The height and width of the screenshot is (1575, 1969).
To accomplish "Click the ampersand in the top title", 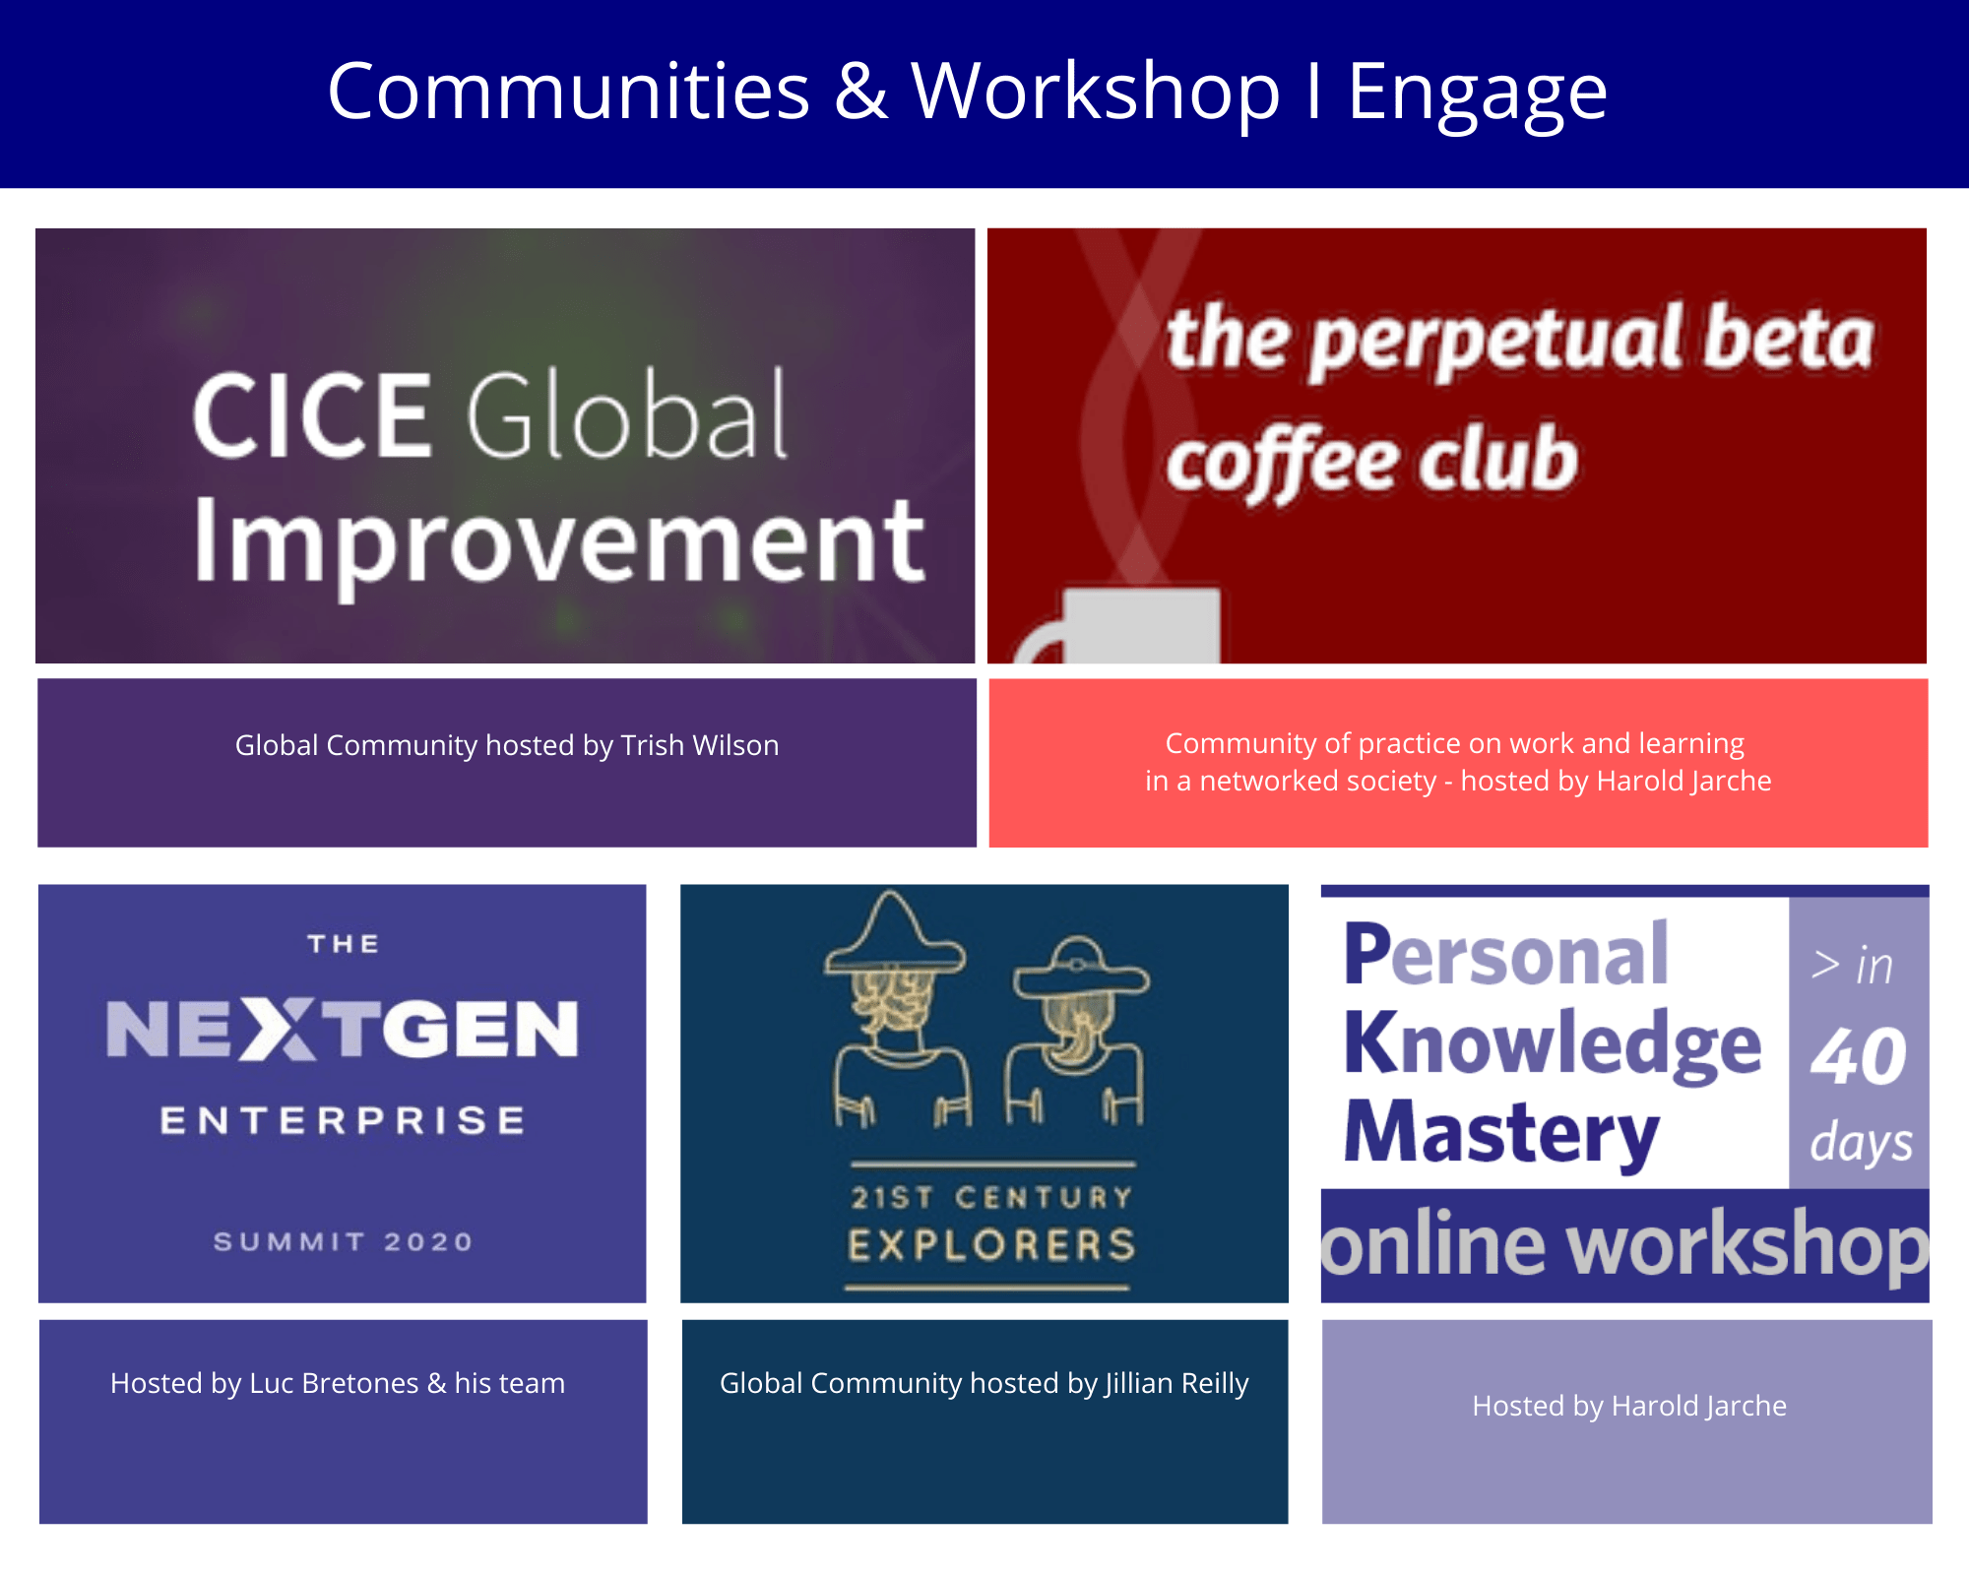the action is point(861,92).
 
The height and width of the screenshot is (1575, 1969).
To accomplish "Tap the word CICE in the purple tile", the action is point(312,415).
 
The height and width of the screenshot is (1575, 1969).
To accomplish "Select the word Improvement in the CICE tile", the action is point(559,544).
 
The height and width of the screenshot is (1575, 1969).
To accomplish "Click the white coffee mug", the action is point(1122,626).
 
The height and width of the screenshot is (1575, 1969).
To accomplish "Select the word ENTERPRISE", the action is point(343,1120).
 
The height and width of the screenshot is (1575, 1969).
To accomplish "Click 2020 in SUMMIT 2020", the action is point(428,1241).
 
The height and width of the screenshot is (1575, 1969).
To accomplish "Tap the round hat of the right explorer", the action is point(1081,968).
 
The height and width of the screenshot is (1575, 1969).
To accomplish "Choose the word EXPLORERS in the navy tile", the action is point(992,1245).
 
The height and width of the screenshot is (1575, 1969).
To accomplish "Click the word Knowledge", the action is point(1553,1045).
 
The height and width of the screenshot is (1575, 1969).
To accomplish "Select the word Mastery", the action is point(1501,1134).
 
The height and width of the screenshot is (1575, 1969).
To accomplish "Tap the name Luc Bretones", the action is point(335,1383).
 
